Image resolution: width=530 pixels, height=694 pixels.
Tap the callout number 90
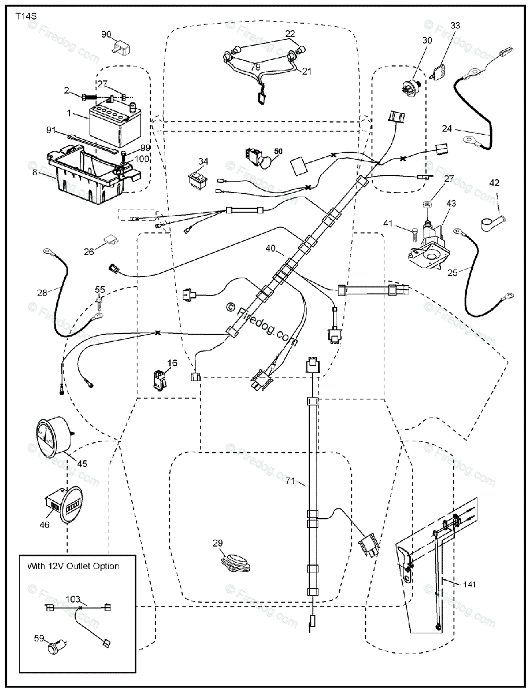pyautogui.click(x=107, y=35)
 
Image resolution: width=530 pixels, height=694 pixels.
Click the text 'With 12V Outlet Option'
pyautogui.click(x=73, y=566)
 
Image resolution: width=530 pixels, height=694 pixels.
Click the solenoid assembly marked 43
pyautogui.click(x=430, y=245)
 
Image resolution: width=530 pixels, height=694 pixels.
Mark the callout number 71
pyautogui.click(x=290, y=481)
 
